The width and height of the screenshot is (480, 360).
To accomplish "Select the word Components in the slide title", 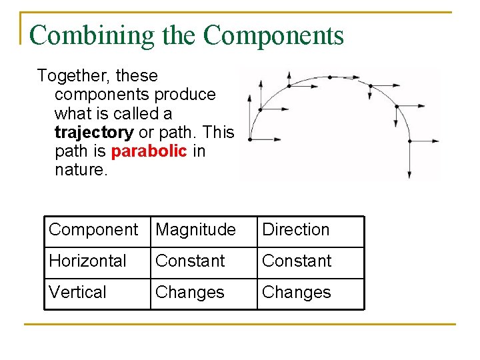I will (273, 35).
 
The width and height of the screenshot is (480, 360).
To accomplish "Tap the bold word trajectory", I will (94, 132).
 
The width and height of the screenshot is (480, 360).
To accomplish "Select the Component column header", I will (93, 229).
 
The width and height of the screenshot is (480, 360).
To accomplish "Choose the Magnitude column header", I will (195, 229).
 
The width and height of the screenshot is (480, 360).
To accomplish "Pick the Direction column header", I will (296, 229).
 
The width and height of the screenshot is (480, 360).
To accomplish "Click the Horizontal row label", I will (87, 261).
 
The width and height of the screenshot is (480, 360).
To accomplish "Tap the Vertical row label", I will (77, 292).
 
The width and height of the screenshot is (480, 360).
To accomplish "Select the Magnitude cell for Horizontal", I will (190, 261).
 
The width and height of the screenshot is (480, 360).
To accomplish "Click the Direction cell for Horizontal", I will (297, 261).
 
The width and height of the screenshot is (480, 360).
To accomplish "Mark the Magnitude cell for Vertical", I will (190, 292).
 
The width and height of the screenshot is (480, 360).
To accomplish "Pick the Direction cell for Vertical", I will (297, 292).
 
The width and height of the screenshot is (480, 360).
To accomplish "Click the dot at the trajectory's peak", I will (329, 77).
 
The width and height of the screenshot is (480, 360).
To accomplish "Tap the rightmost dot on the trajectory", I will (409, 140).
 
